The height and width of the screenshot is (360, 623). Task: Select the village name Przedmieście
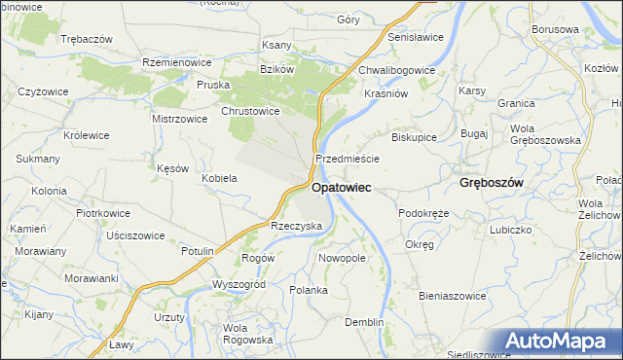pos(347,158)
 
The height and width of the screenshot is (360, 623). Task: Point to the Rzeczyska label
pos(296,225)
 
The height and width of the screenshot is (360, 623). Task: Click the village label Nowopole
pos(342,258)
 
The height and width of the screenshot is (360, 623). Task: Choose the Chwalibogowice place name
pos(396,70)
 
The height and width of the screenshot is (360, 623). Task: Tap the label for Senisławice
pos(416,37)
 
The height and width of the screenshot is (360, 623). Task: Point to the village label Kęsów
pos(172,168)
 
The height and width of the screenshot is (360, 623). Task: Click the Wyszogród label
pos(238,284)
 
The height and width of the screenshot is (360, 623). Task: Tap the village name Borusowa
pos(555,29)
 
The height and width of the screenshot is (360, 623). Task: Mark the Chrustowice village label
pos(251,111)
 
